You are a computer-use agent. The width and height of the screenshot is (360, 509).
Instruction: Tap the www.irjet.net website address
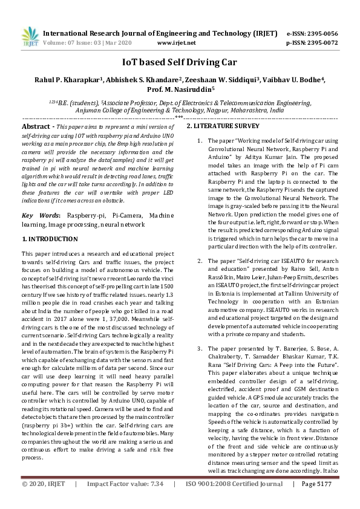tap(176, 43)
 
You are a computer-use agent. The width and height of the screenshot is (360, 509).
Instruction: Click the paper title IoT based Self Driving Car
tap(180, 62)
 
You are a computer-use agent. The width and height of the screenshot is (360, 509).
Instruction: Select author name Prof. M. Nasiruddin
tap(180, 89)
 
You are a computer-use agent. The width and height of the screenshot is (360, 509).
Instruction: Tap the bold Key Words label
tap(41, 215)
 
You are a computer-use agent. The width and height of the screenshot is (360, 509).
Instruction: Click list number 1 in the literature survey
tap(200, 140)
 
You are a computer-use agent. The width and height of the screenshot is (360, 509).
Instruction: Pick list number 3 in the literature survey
tap(200, 349)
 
